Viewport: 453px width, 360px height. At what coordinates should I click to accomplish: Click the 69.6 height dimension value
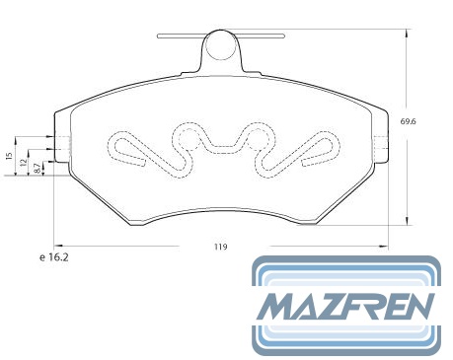[x=408, y=121]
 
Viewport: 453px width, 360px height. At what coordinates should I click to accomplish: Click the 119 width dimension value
[x=221, y=247]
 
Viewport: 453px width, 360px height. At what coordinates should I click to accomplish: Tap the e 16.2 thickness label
[x=54, y=257]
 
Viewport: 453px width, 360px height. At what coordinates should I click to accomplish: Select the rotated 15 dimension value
[x=10, y=156]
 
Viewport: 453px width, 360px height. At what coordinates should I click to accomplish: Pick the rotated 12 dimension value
[x=23, y=162]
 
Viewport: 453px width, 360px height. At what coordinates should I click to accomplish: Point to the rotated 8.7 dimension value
[x=38, y=168]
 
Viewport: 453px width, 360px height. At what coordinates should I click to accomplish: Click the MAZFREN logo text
[x=345, y=307]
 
